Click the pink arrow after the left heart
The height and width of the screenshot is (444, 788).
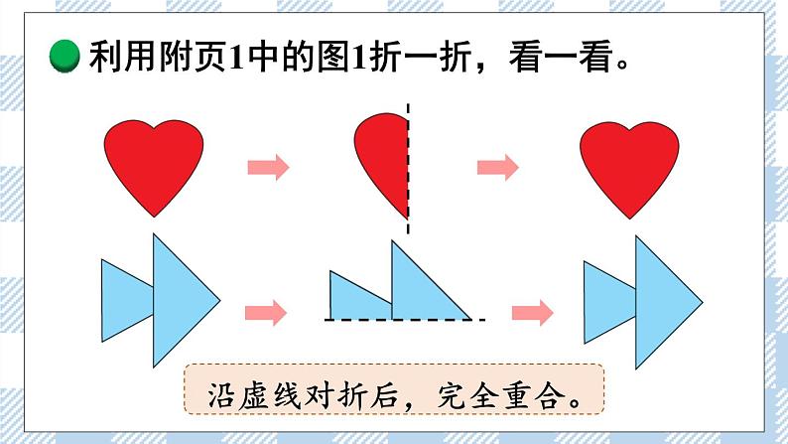[x=268, y=167]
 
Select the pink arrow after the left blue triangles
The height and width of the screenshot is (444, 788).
[x=265, y=313]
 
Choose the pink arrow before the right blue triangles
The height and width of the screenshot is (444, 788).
[x=532, y=313]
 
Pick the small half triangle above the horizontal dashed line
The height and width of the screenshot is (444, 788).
[x=355, y=298]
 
